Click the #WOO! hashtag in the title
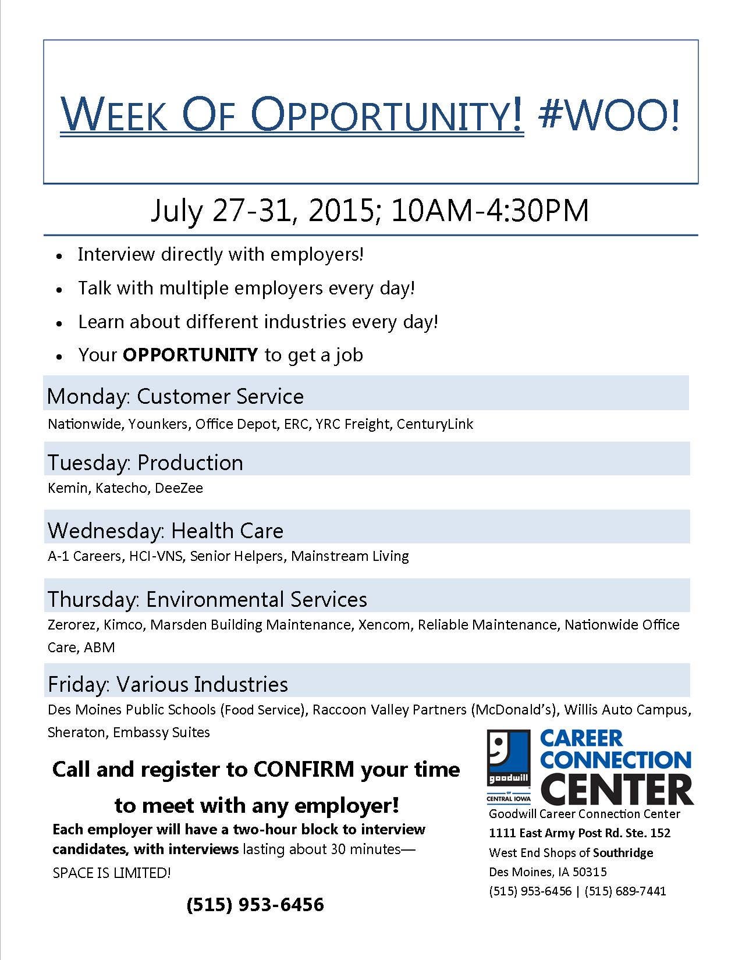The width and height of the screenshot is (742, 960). click(x=609, y=115)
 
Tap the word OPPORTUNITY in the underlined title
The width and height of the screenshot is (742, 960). click(x=387, y=114)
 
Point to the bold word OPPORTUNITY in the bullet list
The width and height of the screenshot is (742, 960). click(x=190, y=355)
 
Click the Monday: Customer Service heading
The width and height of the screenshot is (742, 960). click(x=175, y=396)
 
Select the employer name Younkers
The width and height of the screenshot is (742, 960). click(x=158, y=424)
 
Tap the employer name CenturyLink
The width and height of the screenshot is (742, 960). click(x=435, y=424)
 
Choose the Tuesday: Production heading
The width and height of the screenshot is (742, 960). click(x=145, y=463)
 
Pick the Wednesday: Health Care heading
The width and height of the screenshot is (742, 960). click(x=166, y=531)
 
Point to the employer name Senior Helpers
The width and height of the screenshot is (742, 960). click(x=237, y=556)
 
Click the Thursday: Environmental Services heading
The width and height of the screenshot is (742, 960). click(x=208, y=599)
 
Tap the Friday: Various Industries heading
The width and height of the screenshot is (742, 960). click(x=168, y=684)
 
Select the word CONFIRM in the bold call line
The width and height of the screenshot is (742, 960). click(x=304, y=769)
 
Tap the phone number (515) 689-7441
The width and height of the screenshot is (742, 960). click(x=625, y=891)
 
